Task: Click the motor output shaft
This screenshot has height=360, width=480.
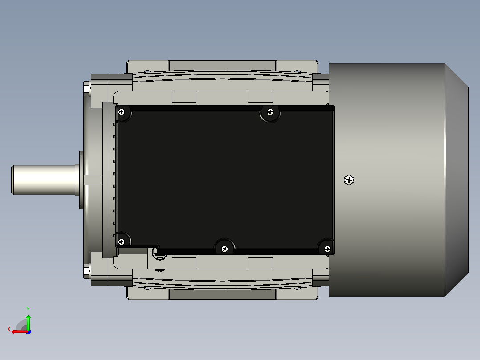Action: tap(44, 180)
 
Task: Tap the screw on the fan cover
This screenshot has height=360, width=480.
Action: tap(349, 180)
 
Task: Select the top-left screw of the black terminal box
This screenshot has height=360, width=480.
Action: tap(122, 112)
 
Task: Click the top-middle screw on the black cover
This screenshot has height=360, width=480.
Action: tap(270, 112)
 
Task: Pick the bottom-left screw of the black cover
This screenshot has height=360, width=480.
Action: tap(121, 242)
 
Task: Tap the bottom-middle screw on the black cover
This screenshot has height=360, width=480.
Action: tap(224, 249)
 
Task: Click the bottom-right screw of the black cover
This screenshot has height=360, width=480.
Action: tap(327, 249)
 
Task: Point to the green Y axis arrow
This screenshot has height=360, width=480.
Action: tap(28, 322)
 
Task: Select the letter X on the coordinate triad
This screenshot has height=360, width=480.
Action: tap(9, 329)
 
